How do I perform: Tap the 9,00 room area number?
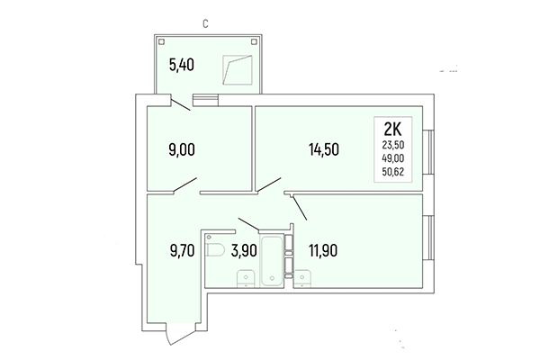pyautogui.click(x=183, y=151)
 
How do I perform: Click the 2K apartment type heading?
pyautogui.click(x=393, y=128)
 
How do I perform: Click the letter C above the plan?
pyautogui.click(x=205, y=23)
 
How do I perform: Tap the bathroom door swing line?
pyautogui.click(x=249, y=223)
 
